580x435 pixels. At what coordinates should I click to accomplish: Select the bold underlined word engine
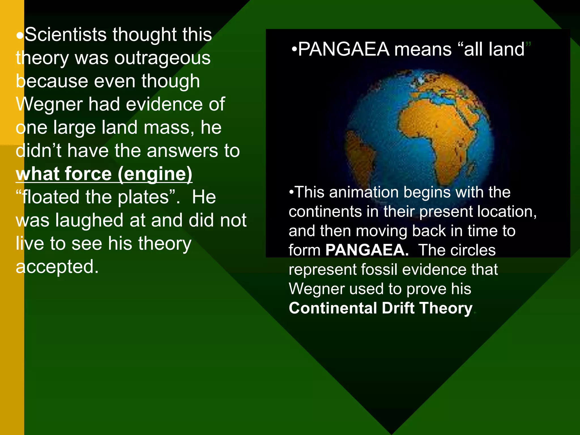click(155, 174)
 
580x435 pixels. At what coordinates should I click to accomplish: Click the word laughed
click(89, 220)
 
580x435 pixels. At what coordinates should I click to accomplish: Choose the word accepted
click(57, 267)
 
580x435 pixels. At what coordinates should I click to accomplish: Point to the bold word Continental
click(333, 308)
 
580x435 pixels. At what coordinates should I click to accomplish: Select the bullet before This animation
click(291, 192)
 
